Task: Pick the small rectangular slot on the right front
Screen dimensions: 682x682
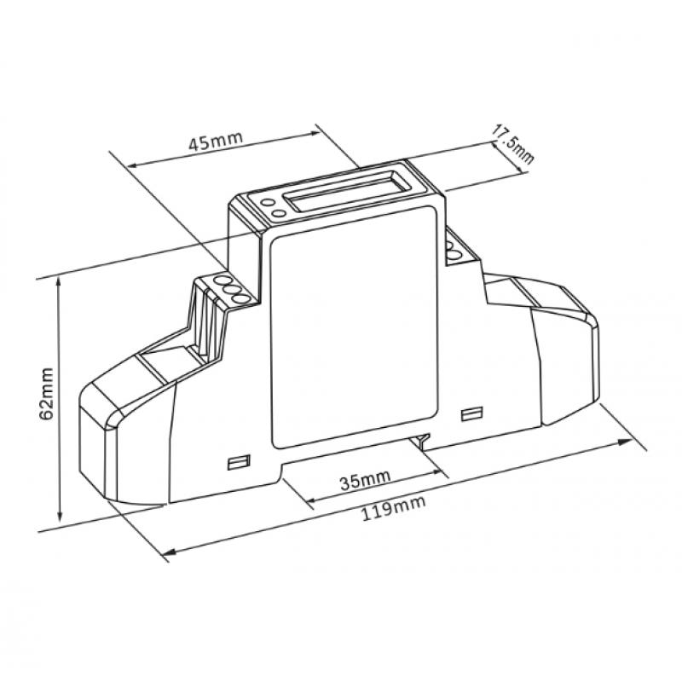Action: click(471, 413)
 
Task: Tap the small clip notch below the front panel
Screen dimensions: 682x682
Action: click(422, 442)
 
